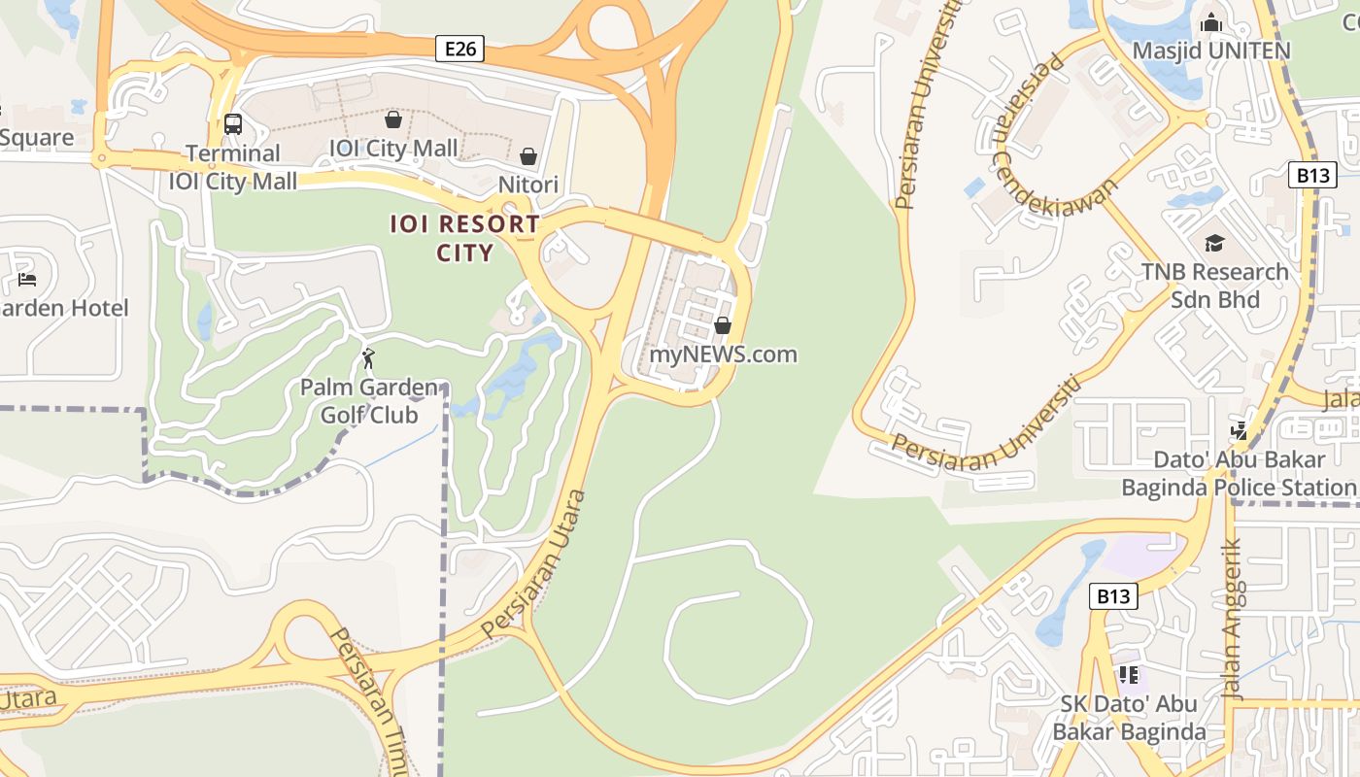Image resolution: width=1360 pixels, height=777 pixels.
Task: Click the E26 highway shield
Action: pos(459,49)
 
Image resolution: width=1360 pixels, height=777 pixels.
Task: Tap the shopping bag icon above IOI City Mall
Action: pos(393,119)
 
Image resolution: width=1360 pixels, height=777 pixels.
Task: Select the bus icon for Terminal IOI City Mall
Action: pos(233,124)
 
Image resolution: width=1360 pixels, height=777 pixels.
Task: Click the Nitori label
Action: pos(528,185)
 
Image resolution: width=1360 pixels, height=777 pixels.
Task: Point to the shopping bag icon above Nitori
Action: pos(528,156)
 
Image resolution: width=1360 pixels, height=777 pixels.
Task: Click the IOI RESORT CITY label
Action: pos(464,238)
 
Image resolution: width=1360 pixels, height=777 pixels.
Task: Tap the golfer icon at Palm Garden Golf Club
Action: pos(368,359)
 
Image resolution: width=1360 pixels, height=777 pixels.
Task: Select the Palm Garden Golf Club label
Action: pos(369,401)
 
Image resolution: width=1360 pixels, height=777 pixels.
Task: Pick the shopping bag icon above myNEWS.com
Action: pos(723,325)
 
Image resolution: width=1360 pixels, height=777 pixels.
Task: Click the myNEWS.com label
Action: pos(723,355)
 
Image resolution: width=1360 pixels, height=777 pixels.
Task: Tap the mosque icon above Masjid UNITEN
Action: pos(1211,22)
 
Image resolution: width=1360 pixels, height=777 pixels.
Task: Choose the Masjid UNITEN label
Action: pos(1211,51)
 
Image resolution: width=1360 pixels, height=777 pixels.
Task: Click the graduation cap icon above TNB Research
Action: pos(1214,243)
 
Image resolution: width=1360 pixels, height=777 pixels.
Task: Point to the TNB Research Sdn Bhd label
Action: pos(1214,286)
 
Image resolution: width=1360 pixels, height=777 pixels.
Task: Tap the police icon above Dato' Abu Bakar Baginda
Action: pos(1239,429)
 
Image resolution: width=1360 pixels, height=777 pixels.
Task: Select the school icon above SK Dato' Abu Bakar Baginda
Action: pos(1128,674)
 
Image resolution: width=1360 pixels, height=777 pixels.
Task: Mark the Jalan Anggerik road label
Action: pos(1232,622)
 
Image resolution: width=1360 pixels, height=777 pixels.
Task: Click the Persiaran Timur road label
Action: pos(370,699)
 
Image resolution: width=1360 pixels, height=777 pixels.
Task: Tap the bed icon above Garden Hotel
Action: pos(27,280)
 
